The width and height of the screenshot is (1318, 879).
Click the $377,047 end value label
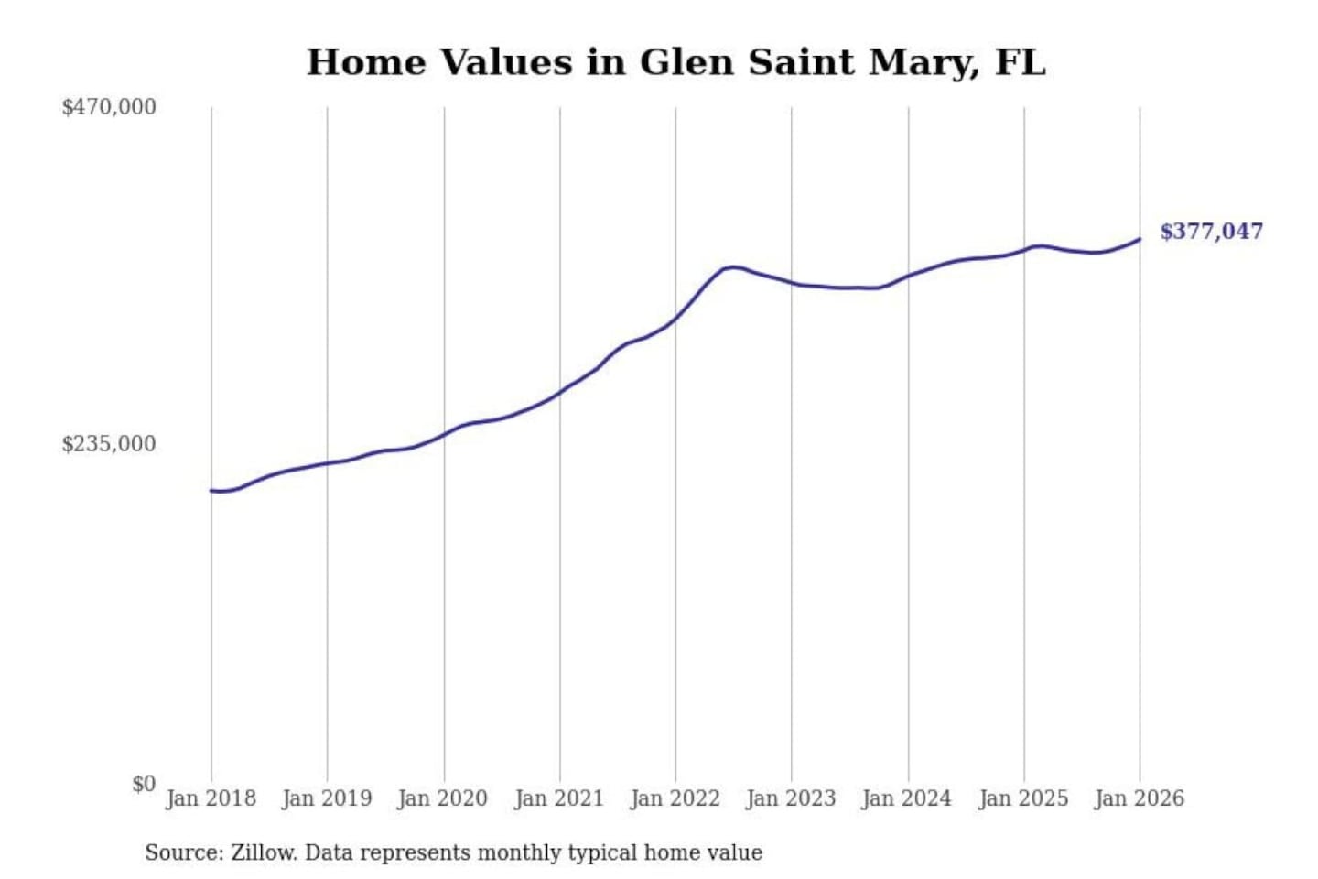[1211, 232]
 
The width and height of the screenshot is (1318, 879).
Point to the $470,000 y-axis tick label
[109, 107]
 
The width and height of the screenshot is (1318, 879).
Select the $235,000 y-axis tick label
[109, 444]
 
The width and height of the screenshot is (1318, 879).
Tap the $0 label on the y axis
[144, 784]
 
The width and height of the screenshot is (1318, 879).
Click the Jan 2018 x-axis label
[211, 798]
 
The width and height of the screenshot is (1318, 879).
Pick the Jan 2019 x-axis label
[327, 798]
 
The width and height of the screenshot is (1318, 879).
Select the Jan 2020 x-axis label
[443, 798]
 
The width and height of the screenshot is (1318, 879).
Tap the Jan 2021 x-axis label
[559, 798]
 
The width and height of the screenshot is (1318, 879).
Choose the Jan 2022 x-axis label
[675, 798]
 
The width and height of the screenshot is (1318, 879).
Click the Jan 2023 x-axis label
[792, 798]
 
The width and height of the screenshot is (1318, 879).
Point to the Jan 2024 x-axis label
[907, 798]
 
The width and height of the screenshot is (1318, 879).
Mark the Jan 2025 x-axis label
[1023, 798]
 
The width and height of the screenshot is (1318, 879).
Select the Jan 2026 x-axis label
[1140, 798]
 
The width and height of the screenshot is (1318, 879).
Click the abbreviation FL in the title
[1020, 62]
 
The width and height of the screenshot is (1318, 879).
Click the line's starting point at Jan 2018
[211, 491]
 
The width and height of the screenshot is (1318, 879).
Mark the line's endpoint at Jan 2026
[1140, 239]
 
